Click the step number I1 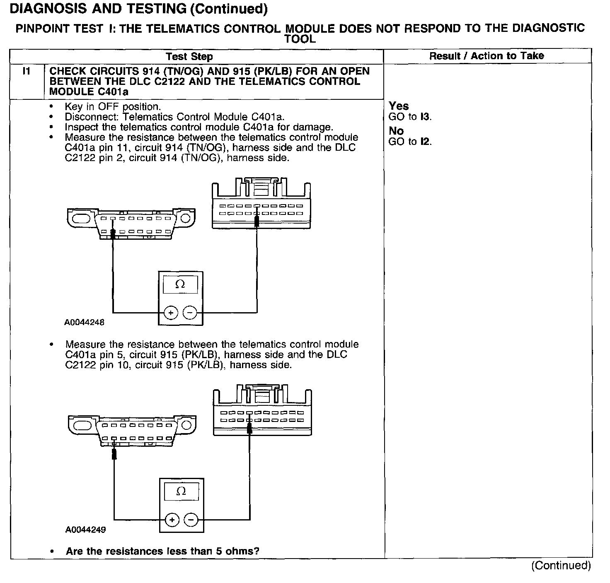coord(27,71)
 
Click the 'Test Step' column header coord(189,57)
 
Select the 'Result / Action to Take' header coord(487,56)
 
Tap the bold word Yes coord(399,106)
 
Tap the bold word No coord(396,131)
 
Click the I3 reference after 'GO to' coord(425,117)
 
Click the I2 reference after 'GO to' coord(425,142)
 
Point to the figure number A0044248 coord(84,322)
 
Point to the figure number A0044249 coord(85,530)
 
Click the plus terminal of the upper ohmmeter coord(171,313)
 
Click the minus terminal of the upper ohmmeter coord(190,313)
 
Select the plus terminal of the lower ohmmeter coord(172,519)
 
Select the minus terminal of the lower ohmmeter coord(191,519)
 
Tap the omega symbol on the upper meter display coord(180,284)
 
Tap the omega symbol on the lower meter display coord(182,491)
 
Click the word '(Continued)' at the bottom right coord(561,566)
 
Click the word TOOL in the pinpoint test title coord(300,39)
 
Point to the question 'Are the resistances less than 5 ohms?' coord(162,552)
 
